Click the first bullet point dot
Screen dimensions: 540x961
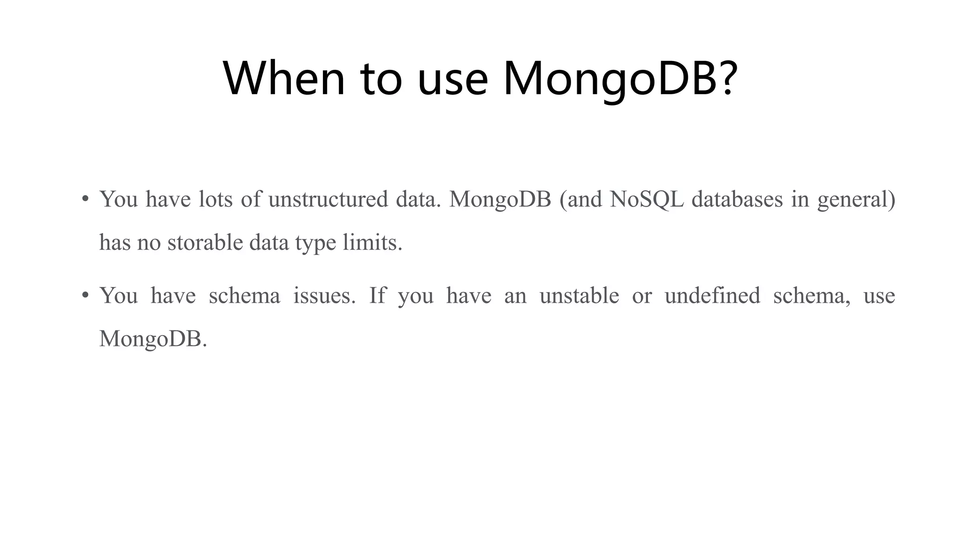[x=85, y=199]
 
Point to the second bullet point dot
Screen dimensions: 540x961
[x=85, y=295]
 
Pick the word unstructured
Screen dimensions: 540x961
[x=328, y=199]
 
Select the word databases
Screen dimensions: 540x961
[x=737, y=199]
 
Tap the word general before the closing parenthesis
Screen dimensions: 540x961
[x=853, y=200]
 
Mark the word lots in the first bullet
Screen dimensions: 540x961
[x=215, y=199]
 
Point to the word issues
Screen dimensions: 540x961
[x=324, y=295]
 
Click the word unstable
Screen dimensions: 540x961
[x=579, y=295]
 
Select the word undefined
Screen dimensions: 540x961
[x=712, y=295]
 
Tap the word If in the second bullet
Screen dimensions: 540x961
[x=377, y=295]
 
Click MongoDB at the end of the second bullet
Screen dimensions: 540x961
[x=152, y=338]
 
